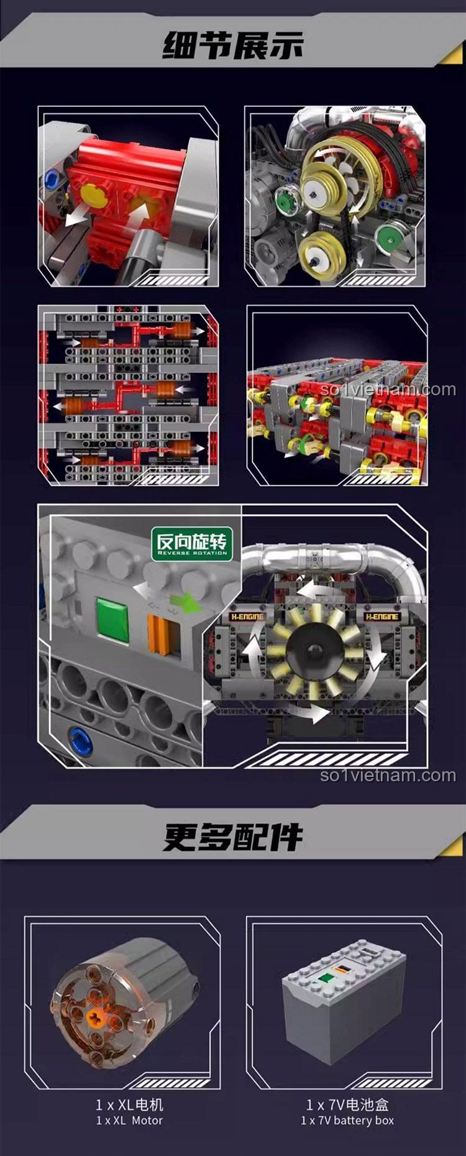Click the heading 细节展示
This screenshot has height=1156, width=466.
click(x=233, y=45)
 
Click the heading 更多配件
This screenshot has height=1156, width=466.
click(x=233, y=837)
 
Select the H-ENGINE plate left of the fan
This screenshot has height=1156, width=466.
click(x=247, y=617)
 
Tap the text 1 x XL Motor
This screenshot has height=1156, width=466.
click(x=129, y=1120)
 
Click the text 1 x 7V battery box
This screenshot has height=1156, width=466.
click(x=347, y=1120)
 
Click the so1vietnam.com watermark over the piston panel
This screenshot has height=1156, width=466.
click(x=388, y=390)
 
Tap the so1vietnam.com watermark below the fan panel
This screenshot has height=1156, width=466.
click(x=388, y=775)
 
